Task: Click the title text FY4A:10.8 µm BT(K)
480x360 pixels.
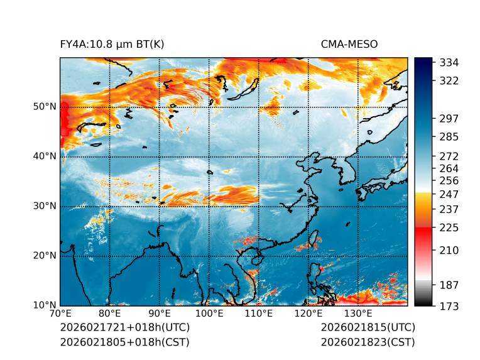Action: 112,44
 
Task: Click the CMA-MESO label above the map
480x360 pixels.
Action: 349,44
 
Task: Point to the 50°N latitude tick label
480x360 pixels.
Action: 45,107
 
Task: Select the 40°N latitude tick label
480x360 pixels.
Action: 45,156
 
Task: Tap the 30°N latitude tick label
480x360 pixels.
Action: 45,206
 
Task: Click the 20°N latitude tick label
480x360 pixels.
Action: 45,256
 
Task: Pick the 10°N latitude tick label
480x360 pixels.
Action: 45,305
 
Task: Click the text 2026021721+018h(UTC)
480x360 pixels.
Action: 124,328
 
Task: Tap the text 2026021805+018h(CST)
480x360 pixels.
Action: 124,342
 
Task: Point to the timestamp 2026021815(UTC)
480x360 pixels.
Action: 368,328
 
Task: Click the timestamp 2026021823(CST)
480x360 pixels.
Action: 368,342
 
